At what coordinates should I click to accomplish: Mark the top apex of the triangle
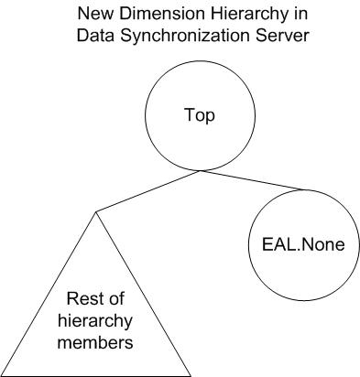(95, 212)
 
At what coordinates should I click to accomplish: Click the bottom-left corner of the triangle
(3, 374)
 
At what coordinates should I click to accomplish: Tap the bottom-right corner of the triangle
(191, 374)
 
